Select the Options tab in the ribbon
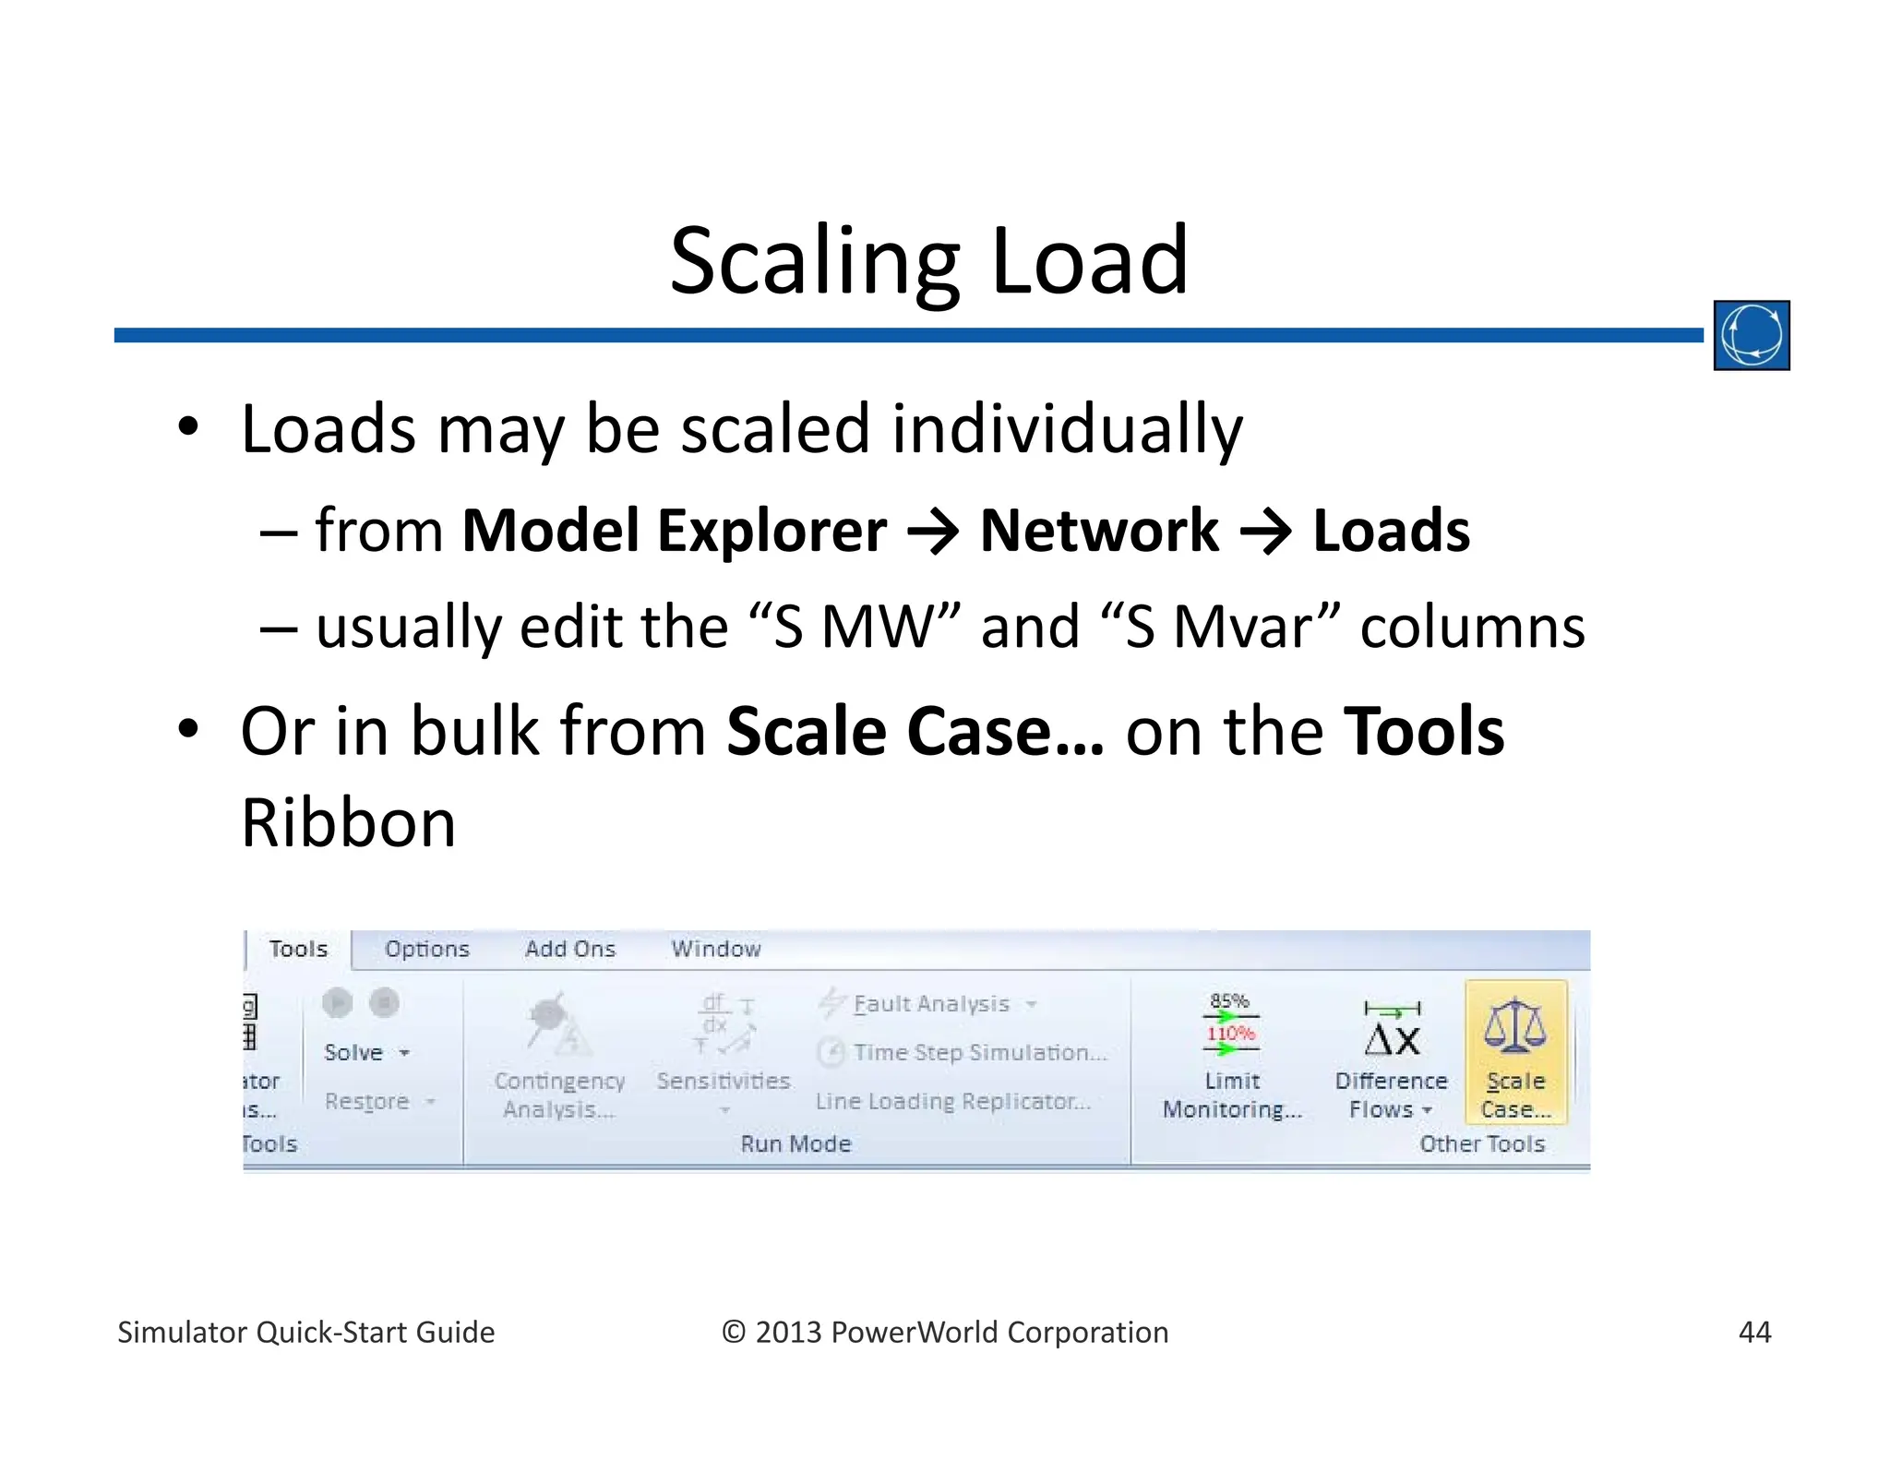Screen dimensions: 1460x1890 [x=426, y=949]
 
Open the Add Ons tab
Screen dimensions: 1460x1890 [x=569, y=949]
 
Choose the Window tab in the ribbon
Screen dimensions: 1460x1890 [x=715, y=949]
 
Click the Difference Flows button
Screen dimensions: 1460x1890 [x=1391, y=1057]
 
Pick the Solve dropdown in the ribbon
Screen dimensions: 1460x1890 [x=365, y=1052]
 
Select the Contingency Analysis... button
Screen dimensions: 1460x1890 [x=558, y=1057]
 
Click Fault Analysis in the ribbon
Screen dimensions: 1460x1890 [x=930, y=1003]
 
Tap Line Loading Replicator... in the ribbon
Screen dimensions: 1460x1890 [x=952, y=1101]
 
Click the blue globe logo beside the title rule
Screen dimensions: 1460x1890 [x=1751, y=335]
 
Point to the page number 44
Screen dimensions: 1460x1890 [x=1753, y=1332]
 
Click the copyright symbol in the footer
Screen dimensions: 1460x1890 [x=733, y=1332]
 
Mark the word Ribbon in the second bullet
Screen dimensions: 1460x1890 [x=348, y=822]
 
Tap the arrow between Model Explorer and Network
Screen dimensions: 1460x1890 [x=933, y=533]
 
